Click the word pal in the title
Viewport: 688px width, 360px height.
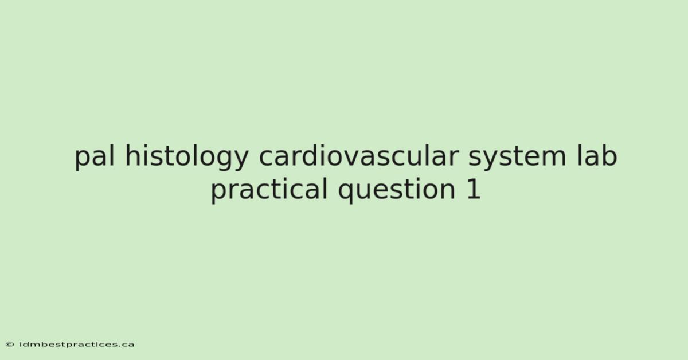[x=95, y=157]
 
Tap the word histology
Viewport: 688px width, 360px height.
[x=187, y=157]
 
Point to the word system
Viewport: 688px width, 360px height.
[x=517, y=158]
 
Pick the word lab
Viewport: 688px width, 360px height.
[x=597, y=156]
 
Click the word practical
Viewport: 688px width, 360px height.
[x=269, y=190]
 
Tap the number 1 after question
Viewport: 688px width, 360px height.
[x=474, y=189]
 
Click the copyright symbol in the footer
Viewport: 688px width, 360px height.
[x=10, y=345]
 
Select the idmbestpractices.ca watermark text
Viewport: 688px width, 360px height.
[x=77, y=345]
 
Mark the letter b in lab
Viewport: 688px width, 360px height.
[x=609, y=156]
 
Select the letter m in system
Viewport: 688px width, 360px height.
[x=553, y=159]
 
